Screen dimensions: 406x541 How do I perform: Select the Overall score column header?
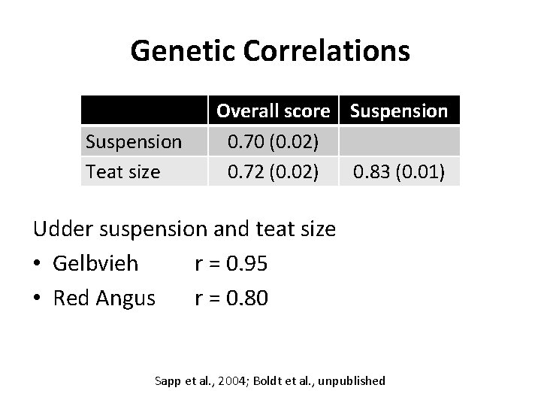click(274, 111)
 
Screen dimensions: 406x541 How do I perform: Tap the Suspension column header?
click(399, 111)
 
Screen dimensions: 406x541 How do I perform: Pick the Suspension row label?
click(134, 141)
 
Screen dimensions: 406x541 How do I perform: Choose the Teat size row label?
click(122, 171)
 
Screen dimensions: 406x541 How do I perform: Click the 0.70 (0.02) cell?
click(274, 141)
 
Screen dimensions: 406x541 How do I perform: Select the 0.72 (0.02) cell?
click(274, 171)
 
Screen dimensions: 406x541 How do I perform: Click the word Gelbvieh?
click(95, 264)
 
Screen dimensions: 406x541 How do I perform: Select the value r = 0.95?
click(231, 264)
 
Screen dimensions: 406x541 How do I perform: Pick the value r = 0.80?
click(231, 298)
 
